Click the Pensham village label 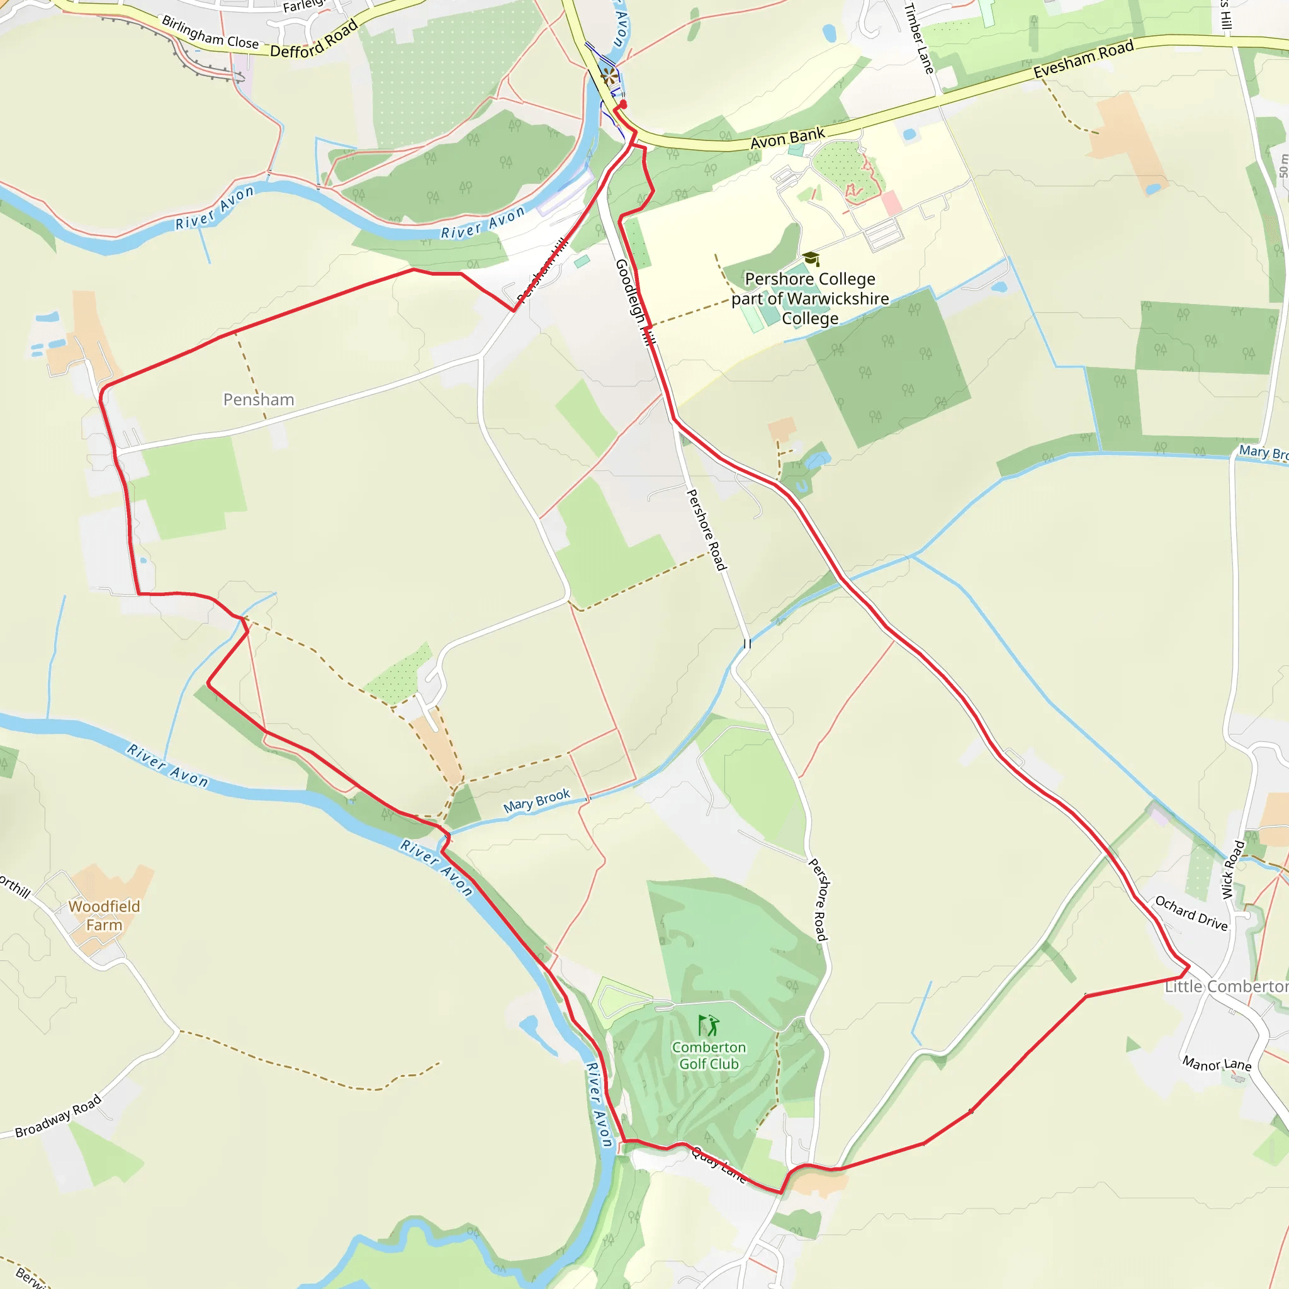(258, 400)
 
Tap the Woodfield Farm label (104, 915)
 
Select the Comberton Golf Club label (709, 1055)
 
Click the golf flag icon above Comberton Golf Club (708, 1025)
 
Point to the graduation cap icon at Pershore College (811, 258)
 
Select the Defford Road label (313, 40)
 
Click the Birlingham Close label (210, 32)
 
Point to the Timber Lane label (919, 37)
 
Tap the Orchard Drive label (1191, 913)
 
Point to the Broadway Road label (58, 1115)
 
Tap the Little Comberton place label (1226, 986)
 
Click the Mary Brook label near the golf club (536, 800)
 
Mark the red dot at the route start (623, 104)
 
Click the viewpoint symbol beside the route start (609, 76)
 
